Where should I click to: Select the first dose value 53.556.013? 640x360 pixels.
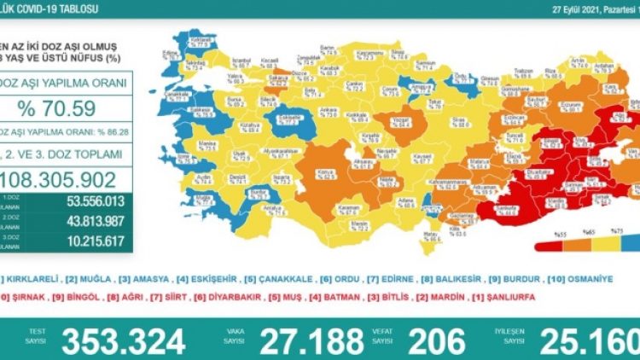(x=85, y=202)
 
